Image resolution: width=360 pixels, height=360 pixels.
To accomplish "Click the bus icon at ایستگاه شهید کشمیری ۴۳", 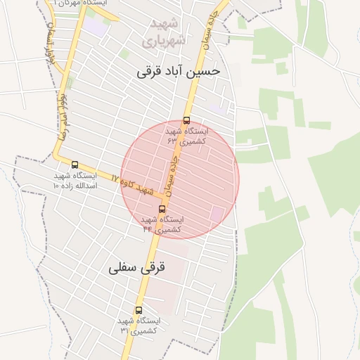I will (186, 120).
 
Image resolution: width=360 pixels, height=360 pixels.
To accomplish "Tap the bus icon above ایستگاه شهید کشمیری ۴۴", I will (162, 209).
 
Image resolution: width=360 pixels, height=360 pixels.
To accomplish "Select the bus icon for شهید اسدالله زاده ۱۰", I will (75, 165).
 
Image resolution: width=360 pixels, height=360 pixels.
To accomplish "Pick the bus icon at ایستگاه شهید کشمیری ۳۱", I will (138, 310).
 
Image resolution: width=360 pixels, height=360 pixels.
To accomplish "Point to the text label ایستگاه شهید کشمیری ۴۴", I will (162, 224).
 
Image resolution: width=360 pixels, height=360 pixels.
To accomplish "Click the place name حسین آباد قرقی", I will (179, 71).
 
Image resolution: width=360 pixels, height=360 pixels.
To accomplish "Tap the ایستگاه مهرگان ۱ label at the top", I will (78, 4).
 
